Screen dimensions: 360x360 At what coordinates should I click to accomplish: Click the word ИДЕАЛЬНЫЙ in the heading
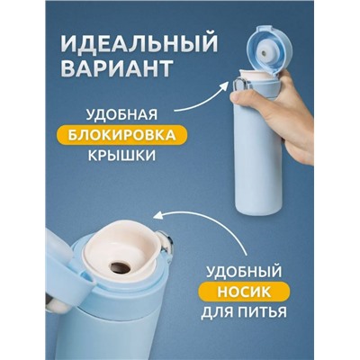(139, 45)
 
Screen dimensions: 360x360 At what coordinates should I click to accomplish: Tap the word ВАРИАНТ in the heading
(117, 69)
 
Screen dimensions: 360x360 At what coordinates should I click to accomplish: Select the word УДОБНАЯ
(121, 115)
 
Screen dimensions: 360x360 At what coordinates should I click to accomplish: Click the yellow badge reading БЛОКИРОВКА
(121, 135)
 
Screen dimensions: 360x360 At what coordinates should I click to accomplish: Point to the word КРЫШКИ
(121, 156)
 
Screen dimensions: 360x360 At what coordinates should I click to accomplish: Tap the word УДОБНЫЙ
(245, 272)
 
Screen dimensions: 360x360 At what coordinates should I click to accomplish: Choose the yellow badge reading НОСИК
(244, 292)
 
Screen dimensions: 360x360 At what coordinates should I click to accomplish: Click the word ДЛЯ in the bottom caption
(218, 312)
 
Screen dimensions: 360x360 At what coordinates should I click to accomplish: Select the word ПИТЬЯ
(263, 312)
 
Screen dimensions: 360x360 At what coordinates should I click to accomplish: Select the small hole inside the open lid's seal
(264, 53)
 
